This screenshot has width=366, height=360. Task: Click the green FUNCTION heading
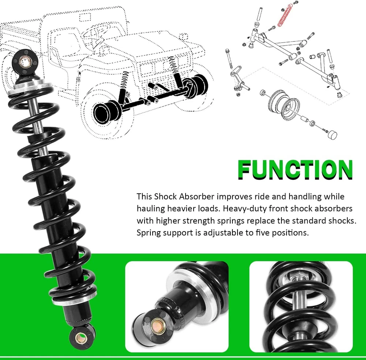click(x=295, y=170)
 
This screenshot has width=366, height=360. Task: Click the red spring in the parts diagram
click(x=285, y=15)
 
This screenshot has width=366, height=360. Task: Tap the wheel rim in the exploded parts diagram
click(x=284, y=105)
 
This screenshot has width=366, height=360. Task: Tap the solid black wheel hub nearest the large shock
click(x=107, y=112)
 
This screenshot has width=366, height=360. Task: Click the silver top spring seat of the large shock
click(x=29, y=86)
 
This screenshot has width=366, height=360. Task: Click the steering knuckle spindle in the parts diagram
click(x=239, y=80)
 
